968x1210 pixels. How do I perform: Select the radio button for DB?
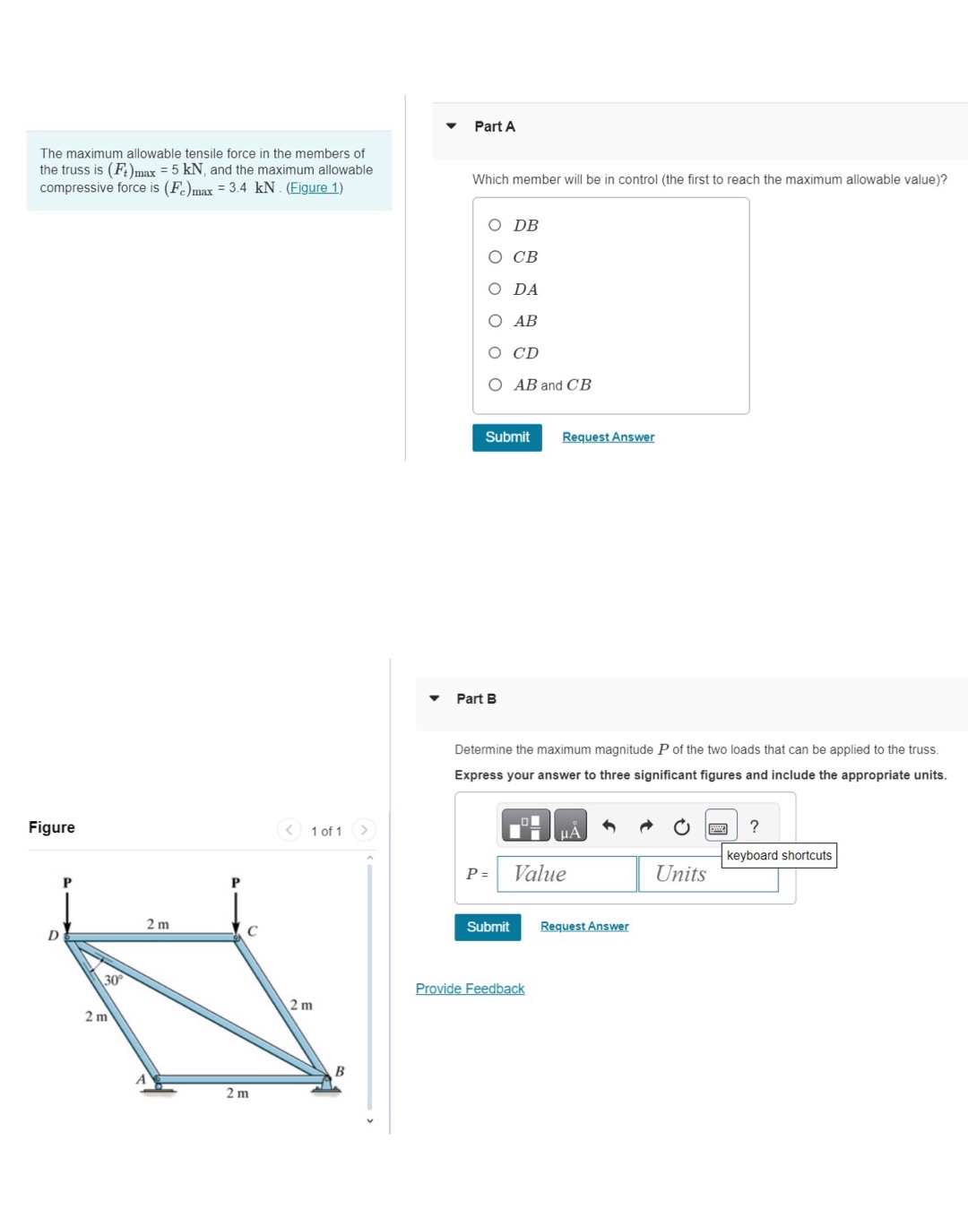coord(495,225)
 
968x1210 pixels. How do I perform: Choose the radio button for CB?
coord(495,257)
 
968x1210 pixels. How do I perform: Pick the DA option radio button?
coord(495,289)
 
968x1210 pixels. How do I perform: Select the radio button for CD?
coord(495,353)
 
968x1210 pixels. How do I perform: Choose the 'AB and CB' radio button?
coord(495,385)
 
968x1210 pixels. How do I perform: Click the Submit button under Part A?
coord(506,437)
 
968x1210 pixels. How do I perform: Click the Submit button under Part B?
coord(487,927)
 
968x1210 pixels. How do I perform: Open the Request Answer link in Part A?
coord(608,437)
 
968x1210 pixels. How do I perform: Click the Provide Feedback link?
coord(470,989)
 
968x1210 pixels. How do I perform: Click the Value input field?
coord(566,874)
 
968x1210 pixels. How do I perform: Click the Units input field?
coord(707,874)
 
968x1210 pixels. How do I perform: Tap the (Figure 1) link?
coord(314,188)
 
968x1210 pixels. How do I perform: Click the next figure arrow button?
coord(364,830)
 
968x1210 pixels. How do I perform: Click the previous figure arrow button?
coord(289,830)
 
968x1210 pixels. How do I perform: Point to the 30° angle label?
coord(113,980)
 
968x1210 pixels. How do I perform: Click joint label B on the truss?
coord(340,1071)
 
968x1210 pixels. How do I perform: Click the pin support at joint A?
coord(158,1085)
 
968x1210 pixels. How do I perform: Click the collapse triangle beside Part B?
coord(435,698)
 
